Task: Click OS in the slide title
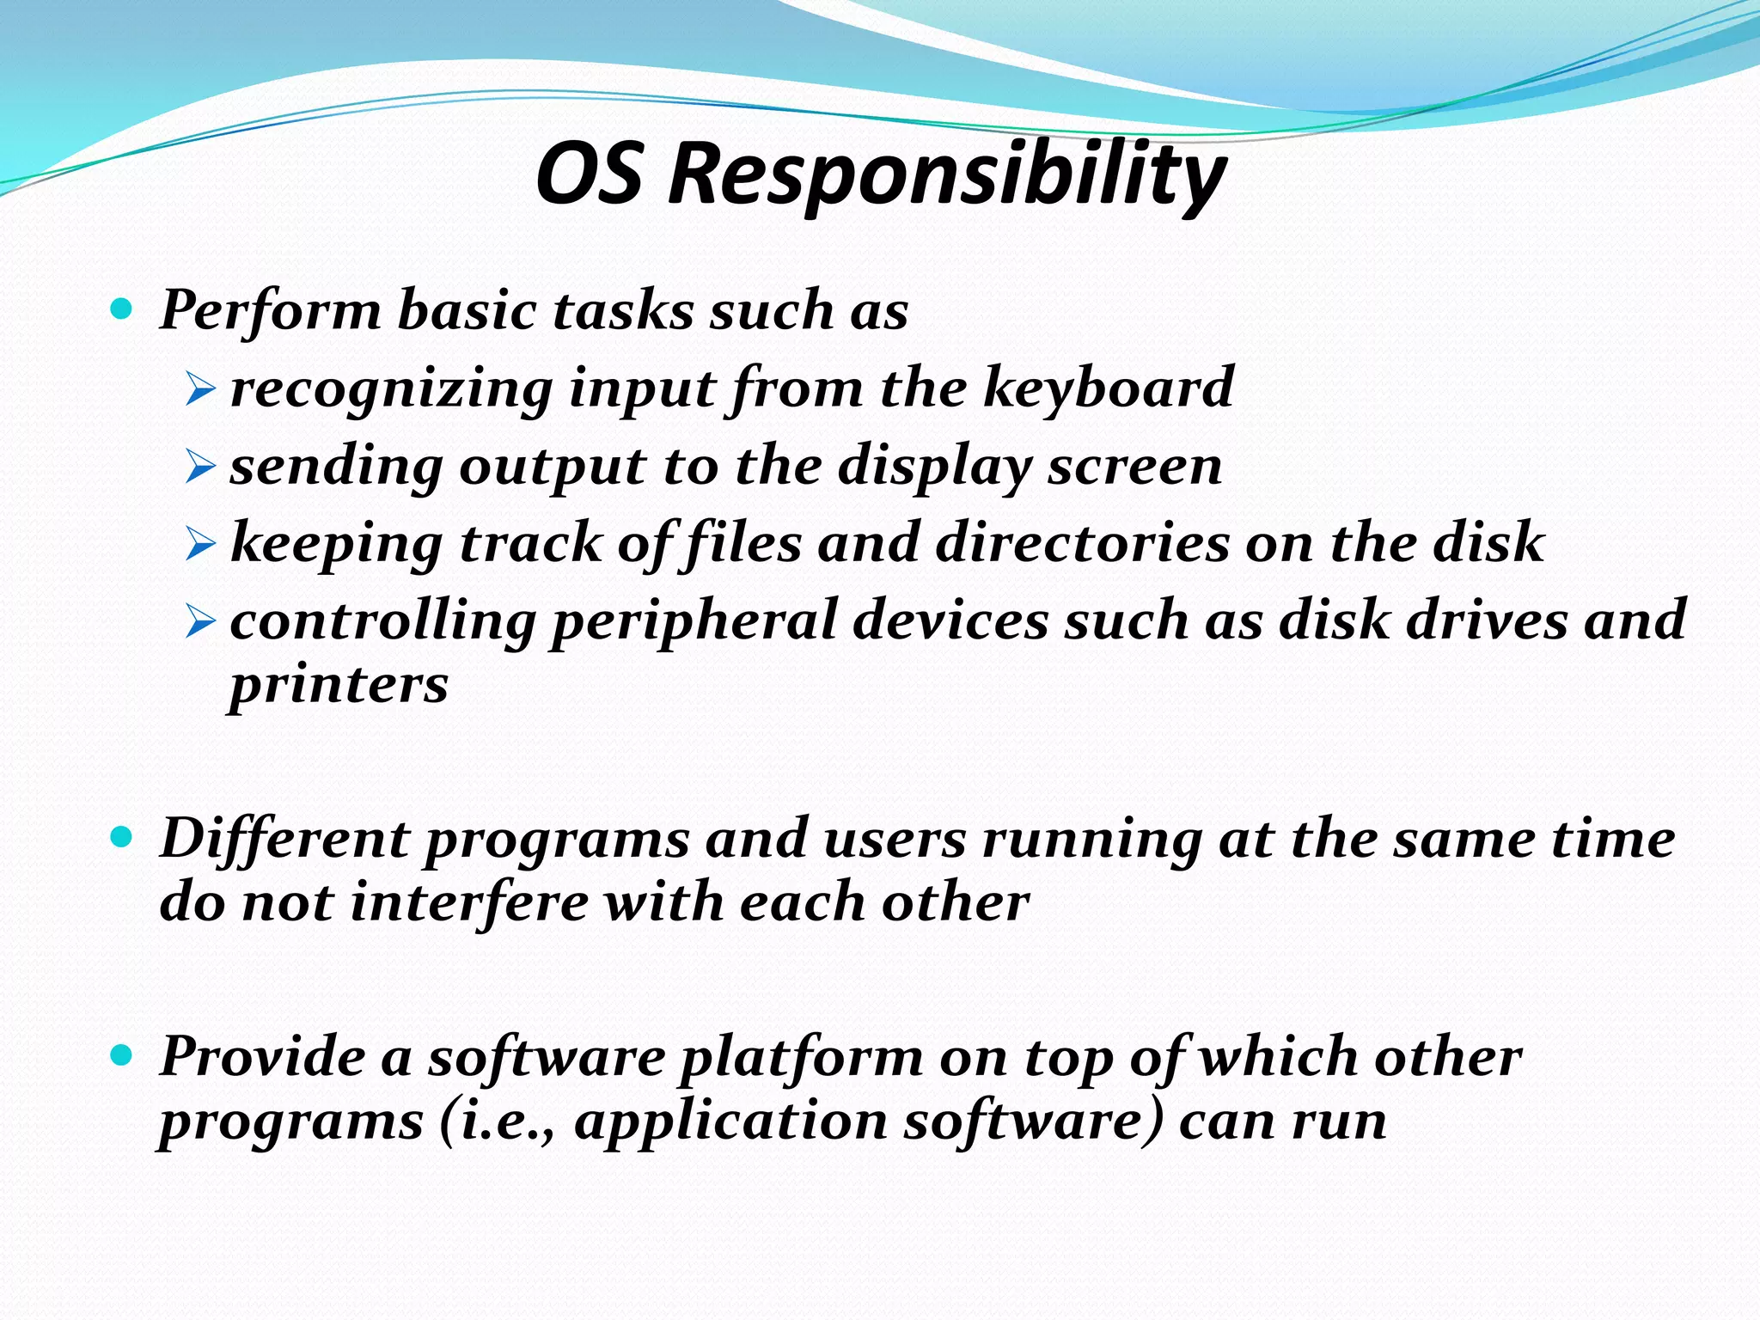point(590,174)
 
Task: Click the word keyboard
point(1109,388)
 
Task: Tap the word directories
point(1083,543)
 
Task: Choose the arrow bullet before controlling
point(199,623)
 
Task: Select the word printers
point(339,686)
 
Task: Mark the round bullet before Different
point(122,836)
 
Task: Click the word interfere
point(469,902)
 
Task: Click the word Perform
point(271,310)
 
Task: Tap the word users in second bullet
point(895,839)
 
